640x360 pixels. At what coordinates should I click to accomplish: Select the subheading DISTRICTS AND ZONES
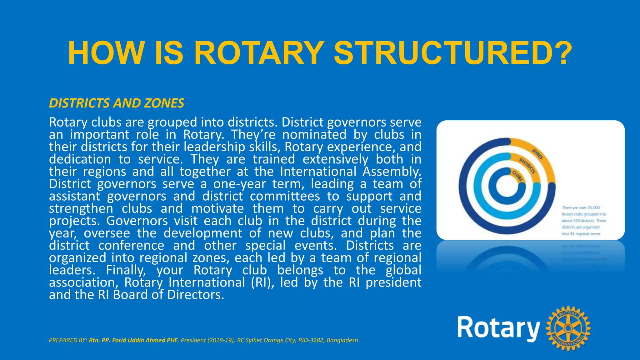tap(117, 103)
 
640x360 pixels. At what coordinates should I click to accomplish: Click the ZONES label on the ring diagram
tap(537, 153)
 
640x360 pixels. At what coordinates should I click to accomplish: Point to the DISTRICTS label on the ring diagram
tap(527, 166)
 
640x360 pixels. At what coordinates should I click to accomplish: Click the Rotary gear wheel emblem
tap(568, 328)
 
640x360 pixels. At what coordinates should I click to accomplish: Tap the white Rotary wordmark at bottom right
tap(498, 328)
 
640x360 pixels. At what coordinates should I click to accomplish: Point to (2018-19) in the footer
tap(221, 340)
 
